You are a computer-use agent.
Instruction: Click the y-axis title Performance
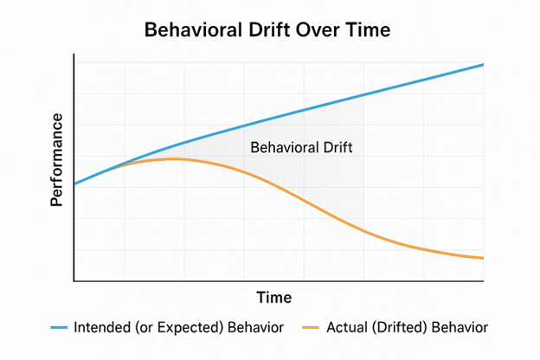[56, 159]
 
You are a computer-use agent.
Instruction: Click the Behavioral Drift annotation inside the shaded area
[301, 147]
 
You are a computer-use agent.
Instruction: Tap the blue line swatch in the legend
[60, 328]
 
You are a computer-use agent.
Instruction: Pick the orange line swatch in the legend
[311, 328]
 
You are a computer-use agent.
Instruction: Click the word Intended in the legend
[101, 328]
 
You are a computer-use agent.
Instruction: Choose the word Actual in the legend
[346, 328]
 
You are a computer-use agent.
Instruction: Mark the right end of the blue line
[483, 65]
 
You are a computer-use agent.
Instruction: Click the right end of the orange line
[483, 258]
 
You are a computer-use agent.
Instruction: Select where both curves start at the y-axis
[75, 184]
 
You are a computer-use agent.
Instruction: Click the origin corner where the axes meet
[75, 281]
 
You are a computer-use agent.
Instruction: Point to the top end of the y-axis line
[75, 55]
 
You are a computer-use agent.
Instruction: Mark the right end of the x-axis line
[483, 281]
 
